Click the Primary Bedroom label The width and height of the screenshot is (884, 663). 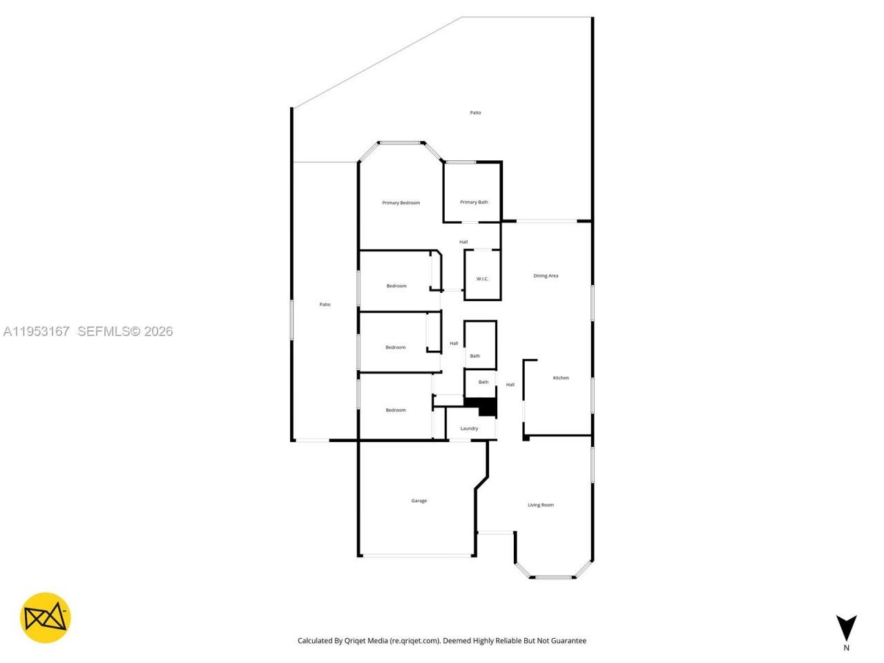[x=401, y=203]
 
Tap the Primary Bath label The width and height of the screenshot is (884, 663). [x=474, y=202]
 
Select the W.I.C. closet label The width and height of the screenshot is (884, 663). [x=482, y=279]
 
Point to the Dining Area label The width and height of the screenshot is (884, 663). [x=546, y=276]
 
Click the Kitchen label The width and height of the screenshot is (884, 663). [x=561, y=378]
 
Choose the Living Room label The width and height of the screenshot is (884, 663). [x=541, y=505]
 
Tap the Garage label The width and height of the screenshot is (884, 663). [x=419, y=501]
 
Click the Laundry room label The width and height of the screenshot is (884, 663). [x=469, y=428]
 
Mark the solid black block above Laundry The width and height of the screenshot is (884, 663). [x=488, y=408]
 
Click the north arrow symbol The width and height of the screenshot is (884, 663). [x=846, y=627]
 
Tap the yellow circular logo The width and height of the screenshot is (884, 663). [x=45, y=617]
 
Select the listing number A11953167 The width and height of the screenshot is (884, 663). [x=36, y=331]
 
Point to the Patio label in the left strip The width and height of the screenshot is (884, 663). [x=325, y=305]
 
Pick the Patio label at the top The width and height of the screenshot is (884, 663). [x=475, y=113]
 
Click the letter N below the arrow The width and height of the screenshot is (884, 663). [x=846, y=648]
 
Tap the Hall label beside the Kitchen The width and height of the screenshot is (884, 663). [x=510, y=385]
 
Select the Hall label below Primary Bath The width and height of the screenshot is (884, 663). [x=463, y=242]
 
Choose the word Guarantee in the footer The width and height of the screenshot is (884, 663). [x=568, y=641]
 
